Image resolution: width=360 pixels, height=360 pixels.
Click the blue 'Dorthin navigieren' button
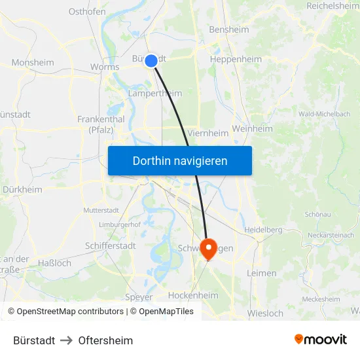coord(180,160)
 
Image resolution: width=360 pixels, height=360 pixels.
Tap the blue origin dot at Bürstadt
coord(151,61)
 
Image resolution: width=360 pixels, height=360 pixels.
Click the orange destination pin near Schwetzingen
coord(208,248)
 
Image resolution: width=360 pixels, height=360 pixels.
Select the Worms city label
coord(104,67)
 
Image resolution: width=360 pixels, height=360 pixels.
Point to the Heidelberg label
coord(262,230)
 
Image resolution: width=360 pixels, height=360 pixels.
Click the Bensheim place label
coord(228,29)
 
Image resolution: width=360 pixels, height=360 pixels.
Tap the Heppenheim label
coord(236,59)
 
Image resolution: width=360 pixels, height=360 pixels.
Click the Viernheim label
coord(208,133)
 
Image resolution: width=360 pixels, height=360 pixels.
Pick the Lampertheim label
coord(155,94)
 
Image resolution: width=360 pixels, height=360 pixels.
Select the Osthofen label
coord(87,11)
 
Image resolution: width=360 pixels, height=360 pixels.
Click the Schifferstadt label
coord(111,245)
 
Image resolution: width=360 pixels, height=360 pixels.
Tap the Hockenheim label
coord(193,295)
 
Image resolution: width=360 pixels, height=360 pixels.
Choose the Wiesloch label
coord(265,314)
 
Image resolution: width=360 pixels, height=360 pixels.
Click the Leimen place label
coord(262,273)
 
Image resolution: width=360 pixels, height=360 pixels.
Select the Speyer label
coord(139,297)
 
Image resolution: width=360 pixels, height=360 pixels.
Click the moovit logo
coord(321,340)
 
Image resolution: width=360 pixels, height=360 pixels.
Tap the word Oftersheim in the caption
coord(105,340)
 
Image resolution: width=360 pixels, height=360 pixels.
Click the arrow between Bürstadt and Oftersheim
coord(67,340)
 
